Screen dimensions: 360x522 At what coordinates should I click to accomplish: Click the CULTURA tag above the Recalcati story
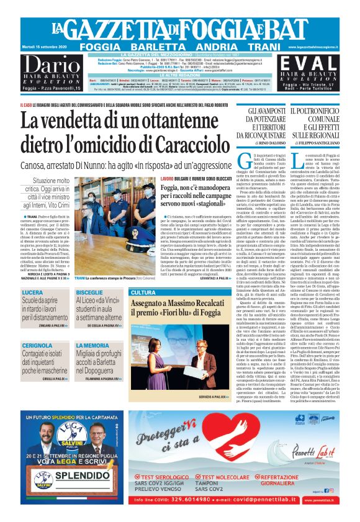[143, 292]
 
